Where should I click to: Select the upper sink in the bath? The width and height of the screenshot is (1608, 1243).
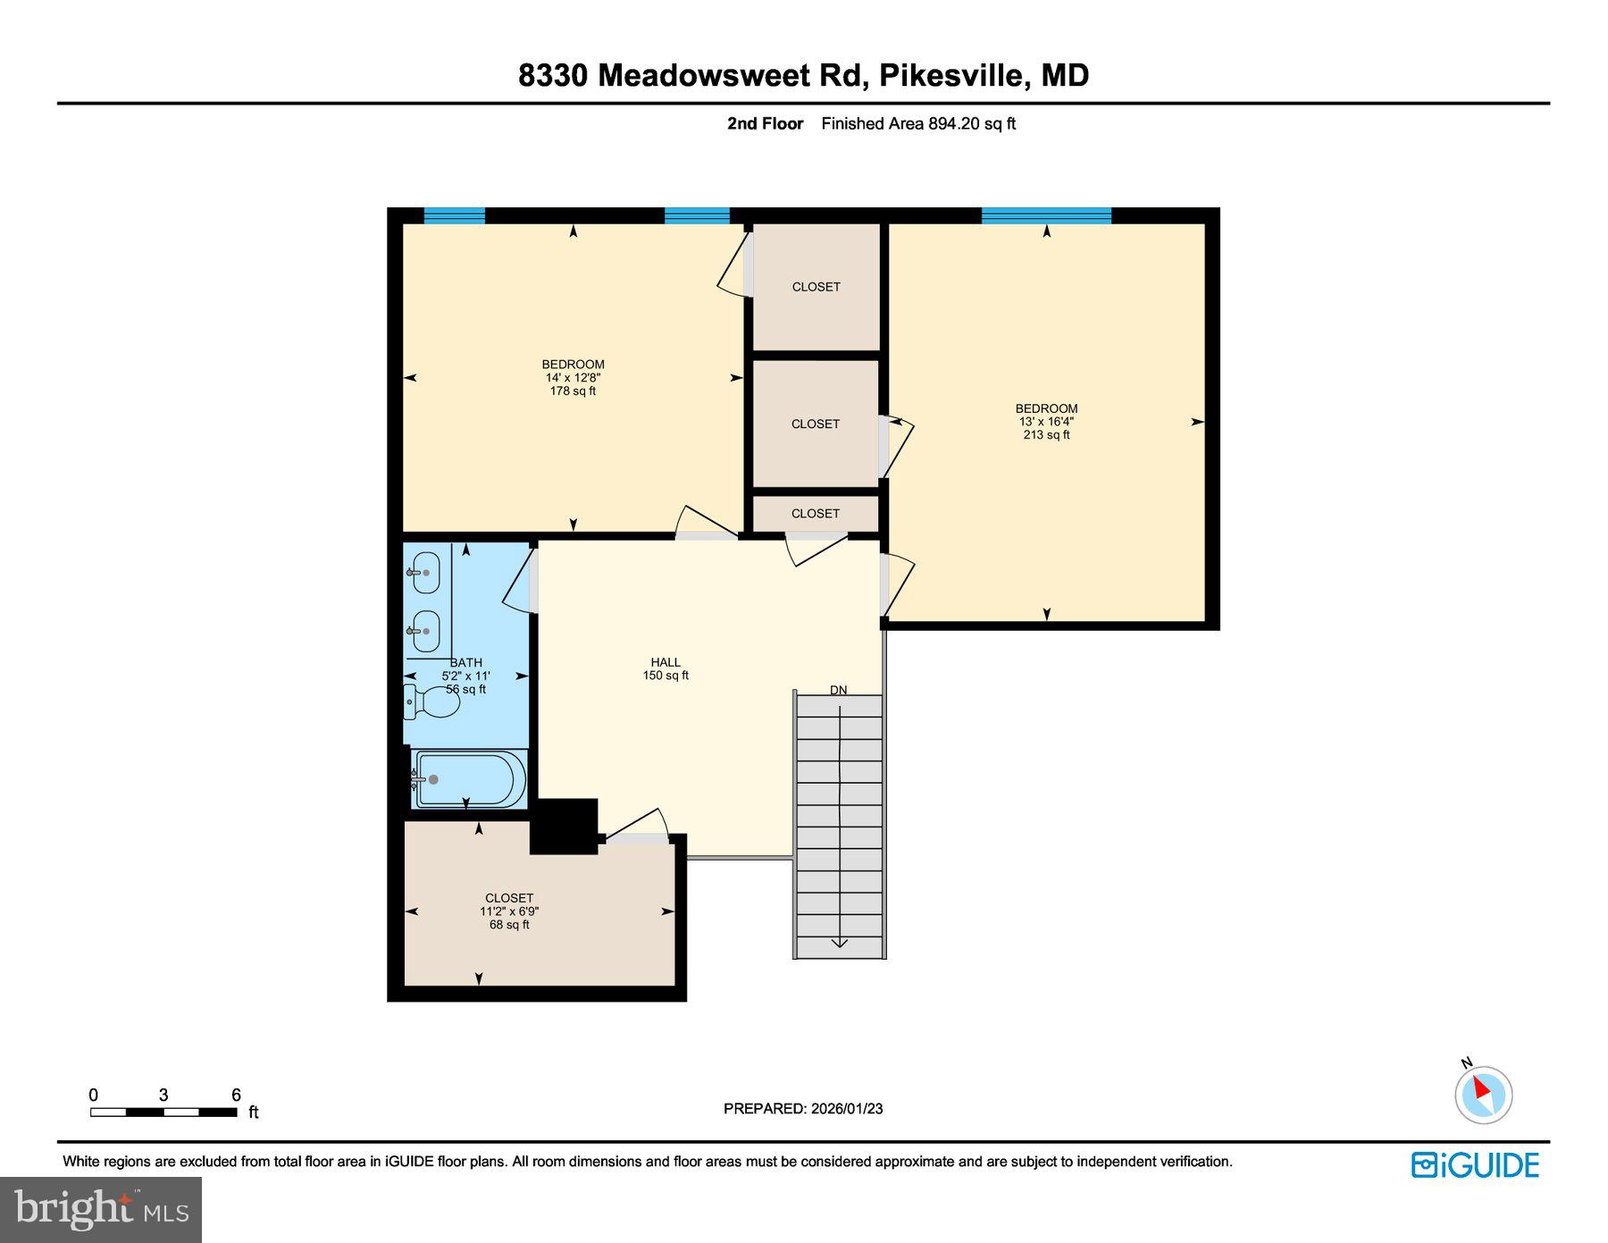click(x=426, y=572)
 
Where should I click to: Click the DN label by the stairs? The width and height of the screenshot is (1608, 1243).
click(x=838, y=690)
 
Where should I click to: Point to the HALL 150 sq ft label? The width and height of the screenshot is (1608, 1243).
click(x=666, y=668)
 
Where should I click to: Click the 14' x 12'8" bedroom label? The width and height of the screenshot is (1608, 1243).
click(x=573, y=377)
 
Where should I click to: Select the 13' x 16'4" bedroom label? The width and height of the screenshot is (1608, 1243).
click(x=1046, y=422)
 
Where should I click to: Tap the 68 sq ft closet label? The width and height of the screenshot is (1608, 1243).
click(x=509, y=911)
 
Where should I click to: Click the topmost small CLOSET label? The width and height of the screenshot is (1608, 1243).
click(x=816, y=287)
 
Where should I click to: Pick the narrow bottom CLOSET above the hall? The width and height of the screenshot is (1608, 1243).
click(x=815, y=514)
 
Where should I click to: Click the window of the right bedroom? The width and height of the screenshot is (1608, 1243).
click(x=1046, y=215)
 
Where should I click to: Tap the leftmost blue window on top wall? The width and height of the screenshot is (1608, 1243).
click(x=454, y=215)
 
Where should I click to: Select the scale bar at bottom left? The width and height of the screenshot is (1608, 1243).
click(x=163, y=1112)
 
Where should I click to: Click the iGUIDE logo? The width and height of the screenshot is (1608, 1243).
click(x=1475, y=1165)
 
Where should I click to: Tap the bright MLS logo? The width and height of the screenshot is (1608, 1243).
click(x=101, y=1210)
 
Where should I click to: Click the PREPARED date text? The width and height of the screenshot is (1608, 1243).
click(x=803, y=1108)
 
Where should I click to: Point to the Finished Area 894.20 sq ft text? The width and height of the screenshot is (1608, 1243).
click(x=918, y=124)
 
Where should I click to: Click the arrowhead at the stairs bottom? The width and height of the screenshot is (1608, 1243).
click(x=840, y=943)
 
